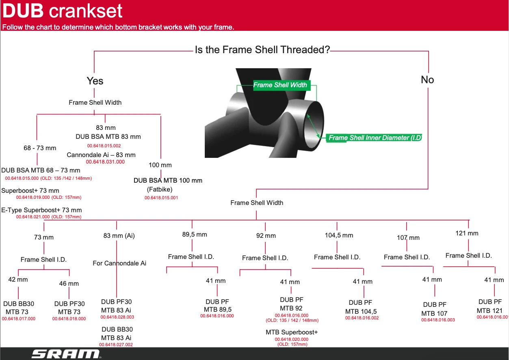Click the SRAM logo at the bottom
coord(66,354)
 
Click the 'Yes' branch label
coord(95,81)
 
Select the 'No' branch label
coord(427,80)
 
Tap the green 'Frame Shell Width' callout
coord(280,85)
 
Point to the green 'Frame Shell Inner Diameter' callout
coord(375,138)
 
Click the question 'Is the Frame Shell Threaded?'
coord(262,50)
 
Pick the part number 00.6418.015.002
coord(104,146)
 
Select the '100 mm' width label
coord(160,165)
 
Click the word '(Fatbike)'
coord(160,190)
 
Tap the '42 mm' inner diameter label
coord(18,280)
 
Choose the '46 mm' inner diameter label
coord(69,284)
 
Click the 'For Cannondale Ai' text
coord(119,263)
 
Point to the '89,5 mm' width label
coord(195,235)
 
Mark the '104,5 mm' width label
coord(339,235)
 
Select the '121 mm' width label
coord(467,233)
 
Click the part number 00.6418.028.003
coord(117,317)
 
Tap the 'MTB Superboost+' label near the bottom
coord(292,332)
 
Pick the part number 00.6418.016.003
coord(438,320)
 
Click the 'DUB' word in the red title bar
coord(23,11)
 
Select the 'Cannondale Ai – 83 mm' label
coord(101,155)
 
